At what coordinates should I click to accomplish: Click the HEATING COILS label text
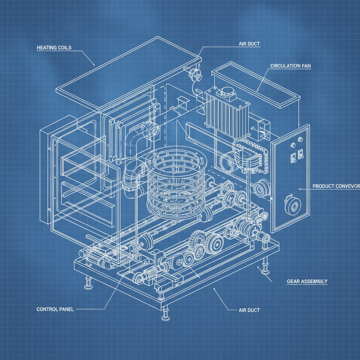54,47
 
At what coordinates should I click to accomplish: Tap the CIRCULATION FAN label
290,66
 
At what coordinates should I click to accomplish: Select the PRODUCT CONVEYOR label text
336,186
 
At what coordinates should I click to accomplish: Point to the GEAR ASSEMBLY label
307,281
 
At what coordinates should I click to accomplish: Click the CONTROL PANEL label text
55,309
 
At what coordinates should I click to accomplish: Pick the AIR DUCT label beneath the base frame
249,310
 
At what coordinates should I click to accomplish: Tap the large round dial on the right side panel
291,207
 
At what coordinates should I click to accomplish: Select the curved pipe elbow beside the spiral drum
135,141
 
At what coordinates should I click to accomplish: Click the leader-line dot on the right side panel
300,189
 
